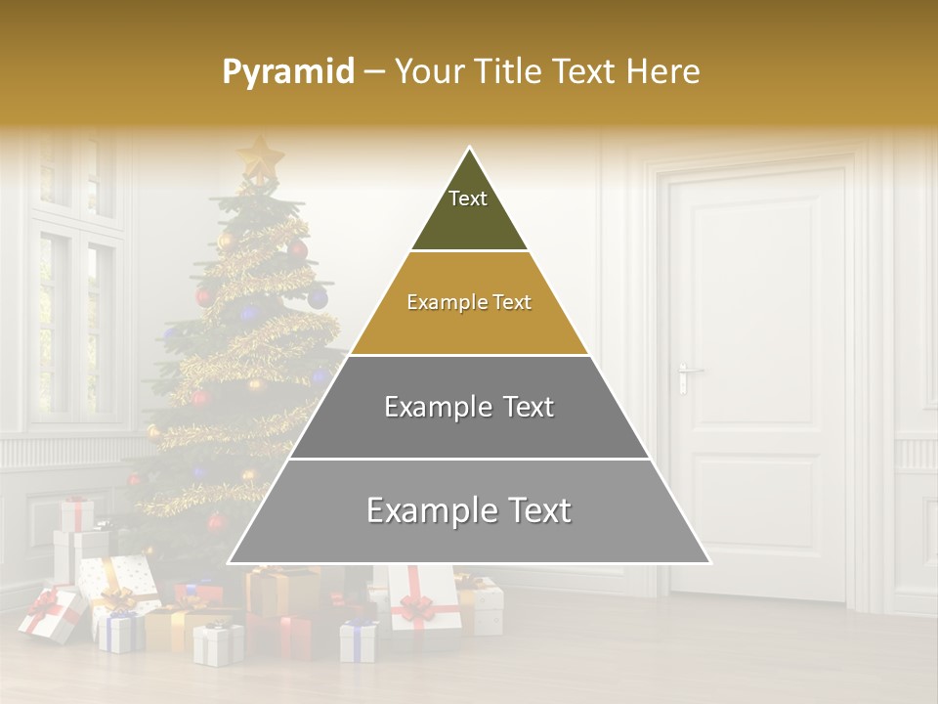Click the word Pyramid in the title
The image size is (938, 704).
click(x=288, y=72)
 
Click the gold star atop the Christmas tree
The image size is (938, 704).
click(x=260, y=155)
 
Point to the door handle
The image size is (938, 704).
click(x=689, y=373)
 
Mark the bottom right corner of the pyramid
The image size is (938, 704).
click(x=709, y=562)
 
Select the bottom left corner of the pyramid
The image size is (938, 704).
click(x=229, y=562)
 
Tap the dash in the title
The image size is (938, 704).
click(x=374, y=72)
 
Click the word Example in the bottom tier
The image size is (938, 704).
click(x=426, y=510)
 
